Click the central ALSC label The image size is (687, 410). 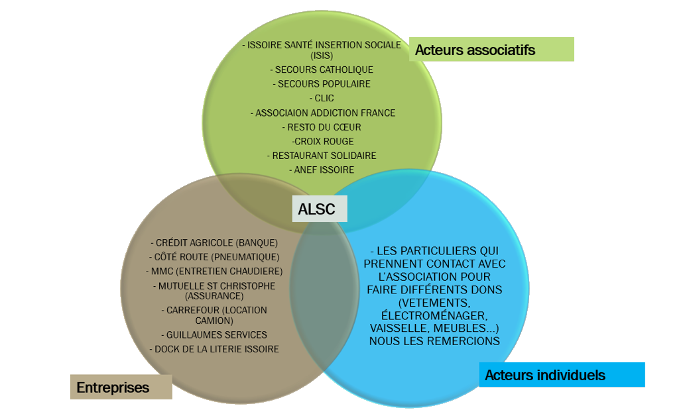click(316, 209)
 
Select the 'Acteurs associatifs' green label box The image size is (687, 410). click(491, 50)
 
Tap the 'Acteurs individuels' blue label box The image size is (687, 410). click(561, 375)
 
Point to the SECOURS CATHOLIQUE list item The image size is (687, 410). click(322, 70)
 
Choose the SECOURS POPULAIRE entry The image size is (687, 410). click(322, 84)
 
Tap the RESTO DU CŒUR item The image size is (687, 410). click(322, 127)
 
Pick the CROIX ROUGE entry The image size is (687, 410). click(323, 141)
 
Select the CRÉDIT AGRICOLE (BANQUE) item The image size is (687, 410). click(214, 242)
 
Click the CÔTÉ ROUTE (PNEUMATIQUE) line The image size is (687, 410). click(214, 257)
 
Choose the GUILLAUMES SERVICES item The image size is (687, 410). click(214, 334)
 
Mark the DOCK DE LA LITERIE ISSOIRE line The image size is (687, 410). click(214, 349)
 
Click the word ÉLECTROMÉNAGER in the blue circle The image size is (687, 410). click(434, 315)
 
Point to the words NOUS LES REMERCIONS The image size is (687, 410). click(434, 341)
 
